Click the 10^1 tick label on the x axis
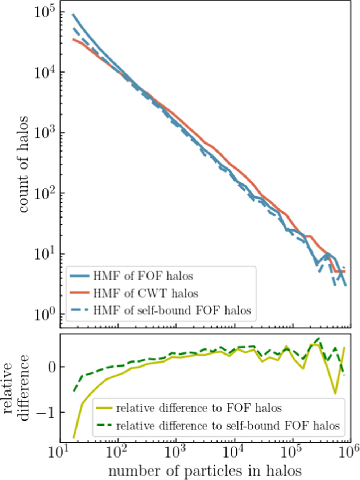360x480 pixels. (59, 452)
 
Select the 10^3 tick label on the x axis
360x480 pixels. (177, 452)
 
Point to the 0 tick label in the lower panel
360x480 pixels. (51, 367)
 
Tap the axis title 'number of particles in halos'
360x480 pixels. (205, 471)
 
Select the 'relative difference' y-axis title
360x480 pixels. (16, 388)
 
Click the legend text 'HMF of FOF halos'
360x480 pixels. (143, 276)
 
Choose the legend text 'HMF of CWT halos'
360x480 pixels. (145, 293)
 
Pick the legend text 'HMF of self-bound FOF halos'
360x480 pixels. (172, 310)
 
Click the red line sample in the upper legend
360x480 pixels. (79, 293)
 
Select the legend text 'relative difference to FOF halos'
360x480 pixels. (199, 408)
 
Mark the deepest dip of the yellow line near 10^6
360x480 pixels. (335, 393)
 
